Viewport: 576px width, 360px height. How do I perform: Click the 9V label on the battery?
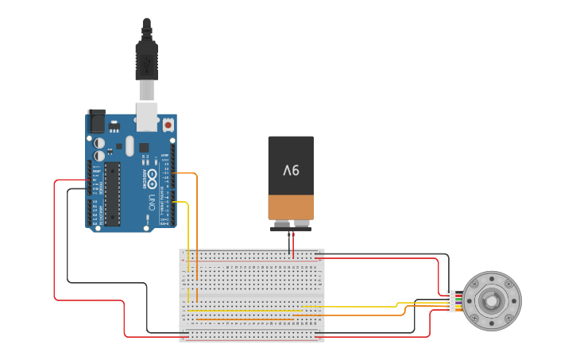[291, 169]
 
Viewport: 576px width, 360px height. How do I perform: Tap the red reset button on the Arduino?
[168, 125]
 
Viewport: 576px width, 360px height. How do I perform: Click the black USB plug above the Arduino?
[146, 60]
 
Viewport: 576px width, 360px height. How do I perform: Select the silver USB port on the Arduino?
[147, 115]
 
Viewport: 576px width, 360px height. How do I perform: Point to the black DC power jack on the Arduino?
[96, 121]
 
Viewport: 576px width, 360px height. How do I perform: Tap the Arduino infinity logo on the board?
[152, 176]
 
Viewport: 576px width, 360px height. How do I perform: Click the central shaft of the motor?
[492, 300]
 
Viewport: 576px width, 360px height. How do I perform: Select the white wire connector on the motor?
[451, 300]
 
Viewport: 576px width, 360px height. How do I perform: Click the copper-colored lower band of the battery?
[291, 207]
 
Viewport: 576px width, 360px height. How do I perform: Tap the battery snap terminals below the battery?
[291, 228]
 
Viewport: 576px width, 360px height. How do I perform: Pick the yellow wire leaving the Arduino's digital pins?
[184, 203]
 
